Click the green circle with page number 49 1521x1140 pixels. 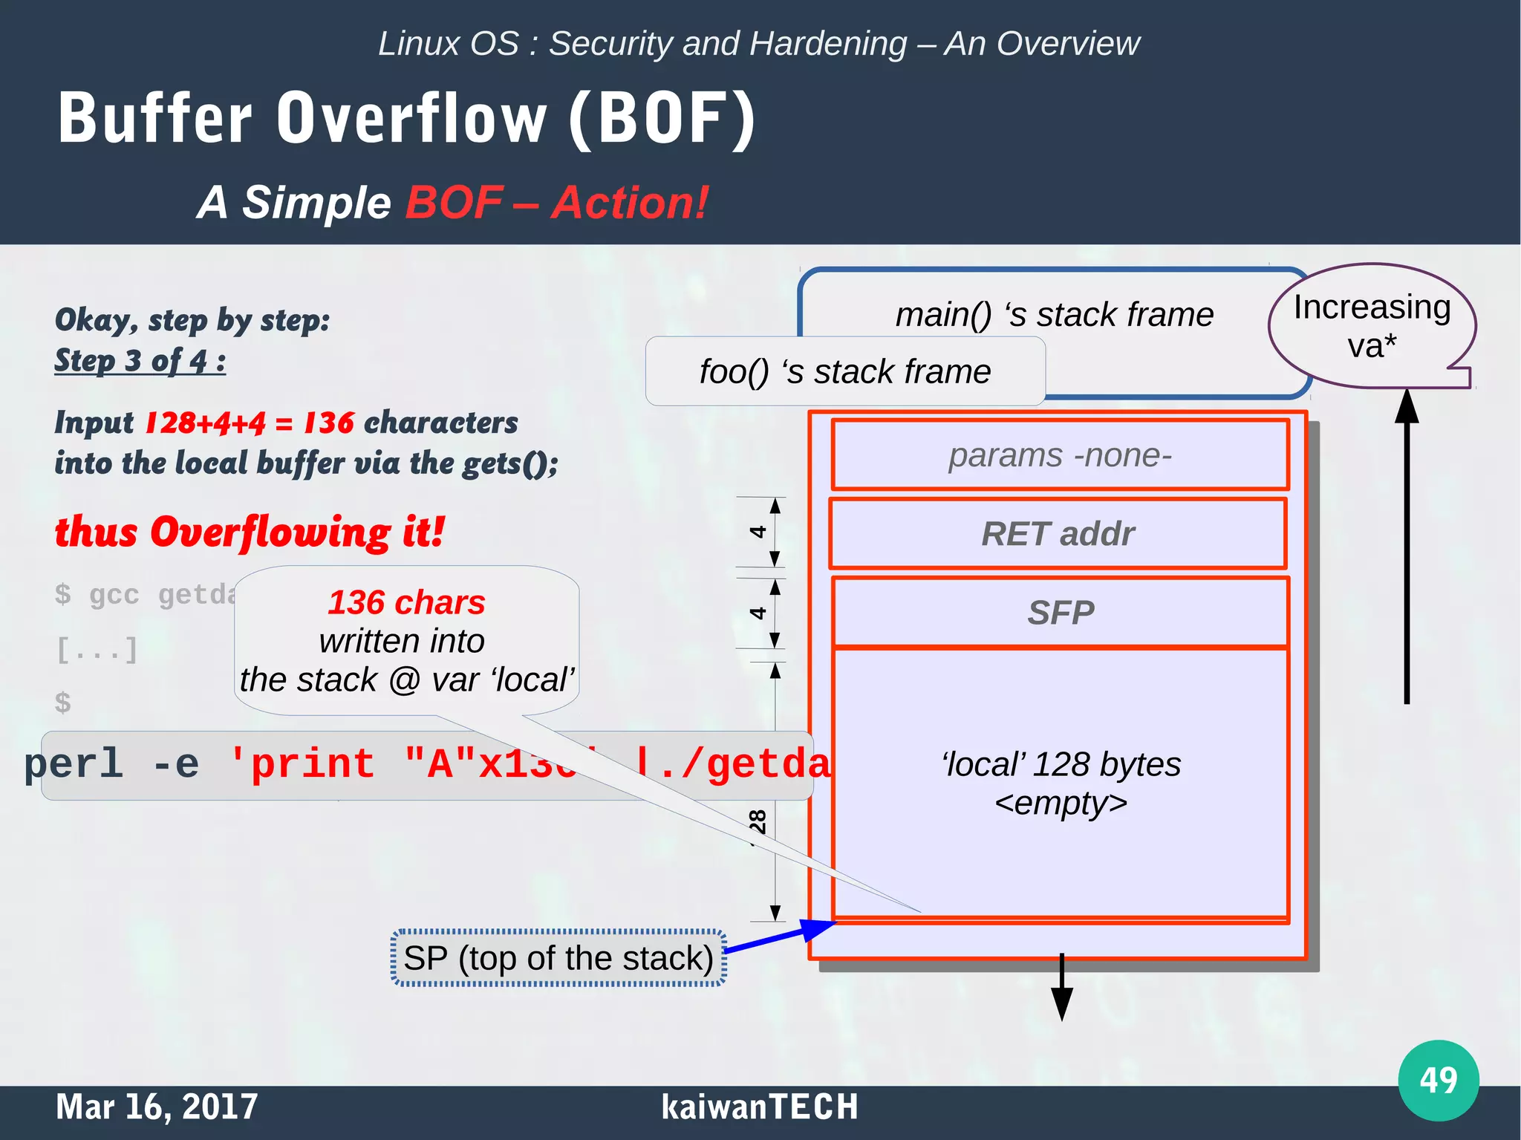(1438, 1080)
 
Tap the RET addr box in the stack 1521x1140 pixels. (1058, 534)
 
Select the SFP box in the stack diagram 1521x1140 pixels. (1060, 613)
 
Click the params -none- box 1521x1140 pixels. (1060, 455)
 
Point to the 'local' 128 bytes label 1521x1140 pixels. (1061, 765)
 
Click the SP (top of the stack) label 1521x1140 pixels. (558, 958)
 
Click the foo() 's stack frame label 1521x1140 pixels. (844, 371)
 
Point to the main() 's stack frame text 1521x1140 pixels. (1054, 315)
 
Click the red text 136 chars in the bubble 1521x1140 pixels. (406, 602)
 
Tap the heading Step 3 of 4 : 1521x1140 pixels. (140, 361)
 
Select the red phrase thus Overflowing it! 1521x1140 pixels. (250, 532)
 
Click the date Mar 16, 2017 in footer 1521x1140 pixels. (157, 1107)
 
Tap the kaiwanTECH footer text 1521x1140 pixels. (759, 1107)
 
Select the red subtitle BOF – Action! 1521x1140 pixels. (556, 203)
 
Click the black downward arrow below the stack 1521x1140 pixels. (1062, 988)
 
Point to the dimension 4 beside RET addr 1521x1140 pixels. (758, 532)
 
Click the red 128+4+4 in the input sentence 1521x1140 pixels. (205, 423)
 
